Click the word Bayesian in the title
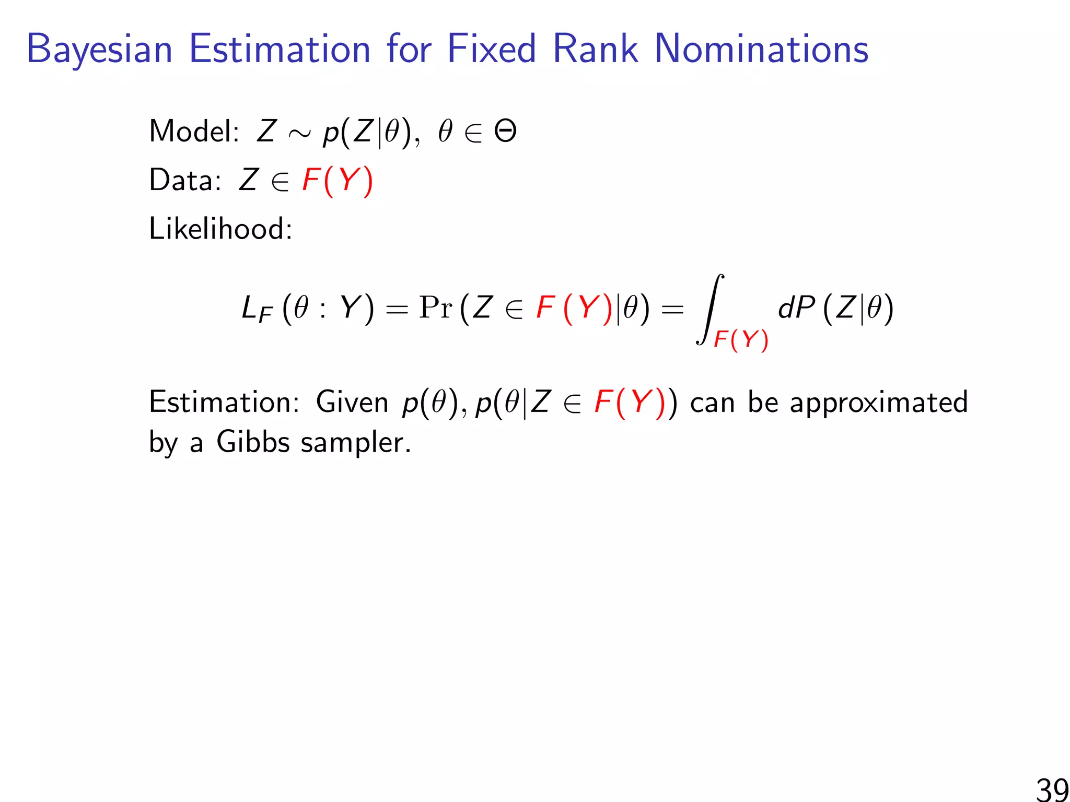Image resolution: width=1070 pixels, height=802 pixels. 99,50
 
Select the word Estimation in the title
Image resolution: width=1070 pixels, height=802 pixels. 280,49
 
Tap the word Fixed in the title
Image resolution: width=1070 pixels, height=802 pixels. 492,49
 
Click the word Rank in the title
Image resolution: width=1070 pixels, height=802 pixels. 595,49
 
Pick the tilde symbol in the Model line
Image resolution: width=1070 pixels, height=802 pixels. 299,134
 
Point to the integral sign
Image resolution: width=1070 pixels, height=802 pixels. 710,309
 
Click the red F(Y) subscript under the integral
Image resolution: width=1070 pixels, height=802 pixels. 741,340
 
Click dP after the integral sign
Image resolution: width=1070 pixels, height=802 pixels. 796,308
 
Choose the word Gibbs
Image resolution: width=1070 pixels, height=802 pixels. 253,442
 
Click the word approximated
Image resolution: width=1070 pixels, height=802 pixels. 878,403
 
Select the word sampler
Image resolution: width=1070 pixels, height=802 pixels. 356,443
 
